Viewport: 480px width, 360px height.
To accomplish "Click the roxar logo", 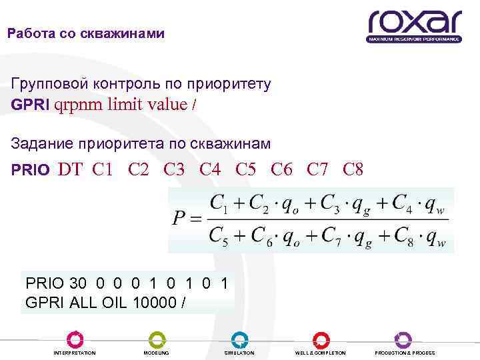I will click(x=413, y=25).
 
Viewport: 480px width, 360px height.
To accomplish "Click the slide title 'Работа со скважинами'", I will click(x=86, y=33).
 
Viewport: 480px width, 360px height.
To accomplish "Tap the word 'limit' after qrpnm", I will click(x=129, y=105).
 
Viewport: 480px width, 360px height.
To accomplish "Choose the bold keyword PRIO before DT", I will click(x=30, y=170).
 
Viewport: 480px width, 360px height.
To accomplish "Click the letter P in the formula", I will click(x=181, y=219).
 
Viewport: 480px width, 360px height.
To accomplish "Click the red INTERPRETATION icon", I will click(x=75, y=339).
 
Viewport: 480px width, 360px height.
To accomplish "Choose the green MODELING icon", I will click(x=157, y=339).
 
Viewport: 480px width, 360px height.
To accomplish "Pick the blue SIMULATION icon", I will click(x=239, y=339).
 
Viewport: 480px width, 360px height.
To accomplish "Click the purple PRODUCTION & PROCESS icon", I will click(x=404, y=339).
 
